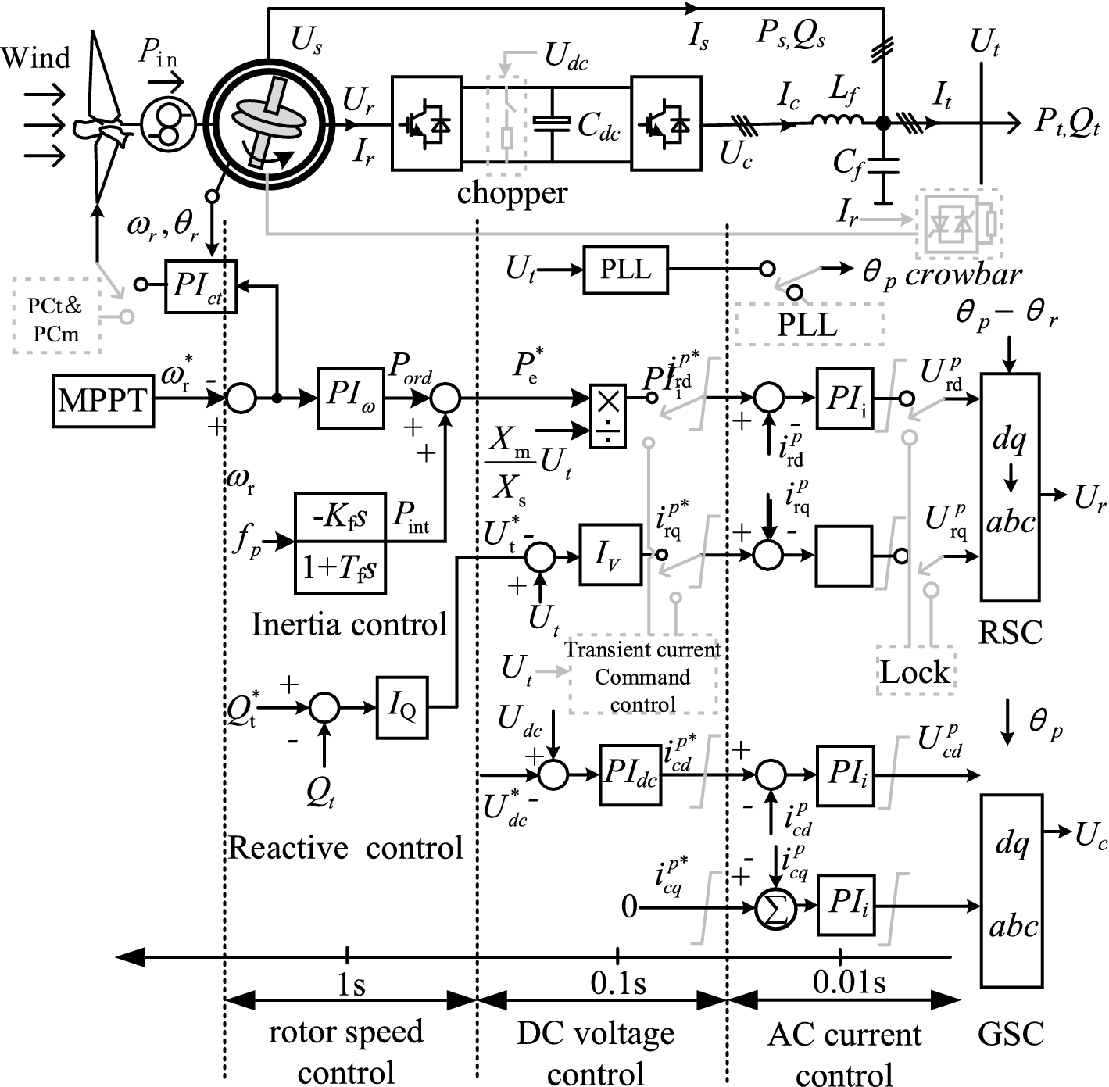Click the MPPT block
click(x=103, y=401)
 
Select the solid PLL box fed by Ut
click(x=626, y=270)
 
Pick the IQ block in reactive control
click(x=402, y=708)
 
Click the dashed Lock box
click(x=915, y=671)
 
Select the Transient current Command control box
click(x=643, y=675)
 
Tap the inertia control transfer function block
click(x=340, y=542)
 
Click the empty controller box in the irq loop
click(x=844, y=556)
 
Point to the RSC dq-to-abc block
click(x=1010, y=486)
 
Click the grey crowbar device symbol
click(x=958, y=223)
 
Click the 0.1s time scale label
click(x=618, y=983)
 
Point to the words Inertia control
click(x=349, y=624)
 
